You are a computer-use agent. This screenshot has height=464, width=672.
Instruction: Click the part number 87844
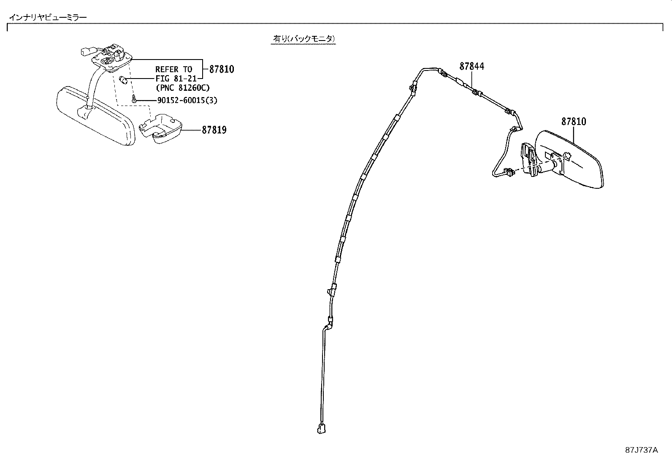(471, 66)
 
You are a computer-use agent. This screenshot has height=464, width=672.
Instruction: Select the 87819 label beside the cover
(214, 130)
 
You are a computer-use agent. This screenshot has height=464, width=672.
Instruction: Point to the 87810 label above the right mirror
(574, 122)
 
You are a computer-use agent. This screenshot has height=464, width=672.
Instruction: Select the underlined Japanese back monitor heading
(304, 39)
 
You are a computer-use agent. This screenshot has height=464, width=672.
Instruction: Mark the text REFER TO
(173, 69)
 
